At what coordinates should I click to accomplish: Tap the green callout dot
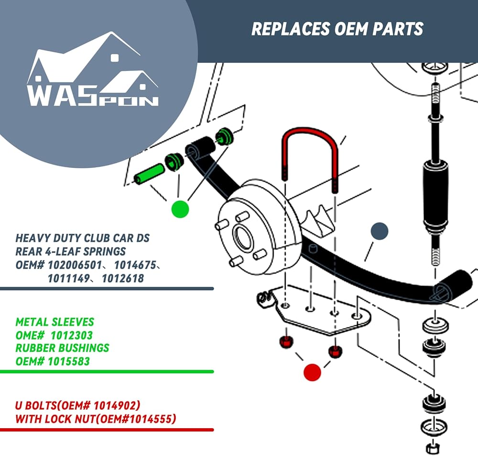point(180,209)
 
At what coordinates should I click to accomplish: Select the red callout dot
point(313,372)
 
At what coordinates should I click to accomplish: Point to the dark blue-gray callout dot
point(380,231)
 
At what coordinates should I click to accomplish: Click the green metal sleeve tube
point(149,174)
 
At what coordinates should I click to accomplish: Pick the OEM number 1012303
point(71,335)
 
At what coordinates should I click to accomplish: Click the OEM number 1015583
point(68,361)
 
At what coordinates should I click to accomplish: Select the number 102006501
point(75,265)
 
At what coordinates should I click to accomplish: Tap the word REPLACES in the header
point(291,29)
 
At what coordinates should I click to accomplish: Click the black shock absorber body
point(435,195)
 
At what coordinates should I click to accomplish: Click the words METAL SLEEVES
point(55,322)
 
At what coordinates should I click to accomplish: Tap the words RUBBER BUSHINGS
point(62,348)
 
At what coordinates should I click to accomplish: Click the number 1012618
point(123,279)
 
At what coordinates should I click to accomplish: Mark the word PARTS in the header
point(398,29)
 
